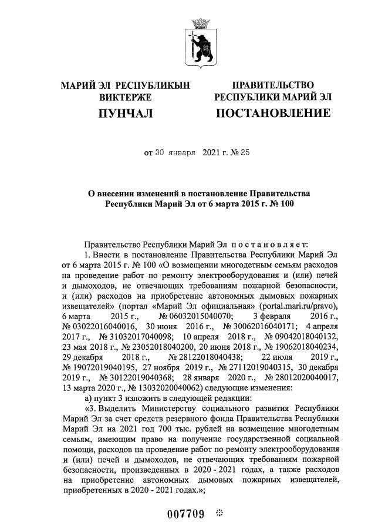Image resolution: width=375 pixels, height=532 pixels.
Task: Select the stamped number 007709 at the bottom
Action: coord(185,515)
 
